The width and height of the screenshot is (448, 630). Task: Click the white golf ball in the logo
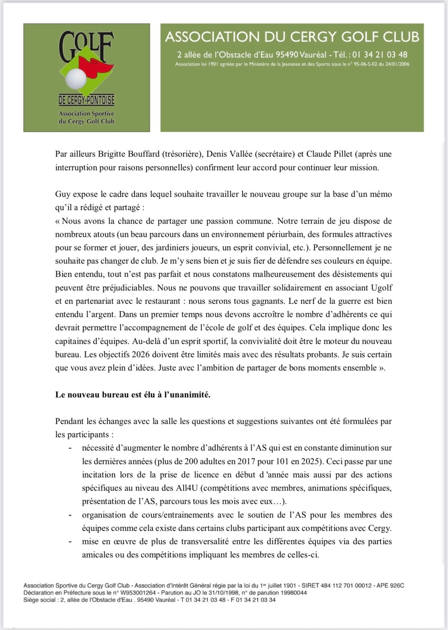click(x=76, y=79)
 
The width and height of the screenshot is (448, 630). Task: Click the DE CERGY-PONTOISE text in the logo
click(x=87, y=101)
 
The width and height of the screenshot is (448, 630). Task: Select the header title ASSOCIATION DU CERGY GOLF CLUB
click(x=292, y=37)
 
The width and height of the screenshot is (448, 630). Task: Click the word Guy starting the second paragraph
click(x=62, y=194)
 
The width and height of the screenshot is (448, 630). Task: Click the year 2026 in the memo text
click(x=141, y=355)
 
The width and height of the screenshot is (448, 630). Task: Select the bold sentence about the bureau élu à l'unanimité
click(x=133, y=395)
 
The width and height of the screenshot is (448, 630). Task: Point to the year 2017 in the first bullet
click(x=246, y=461)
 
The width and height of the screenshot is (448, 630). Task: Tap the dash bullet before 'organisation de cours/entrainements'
click(x=71, y=515)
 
